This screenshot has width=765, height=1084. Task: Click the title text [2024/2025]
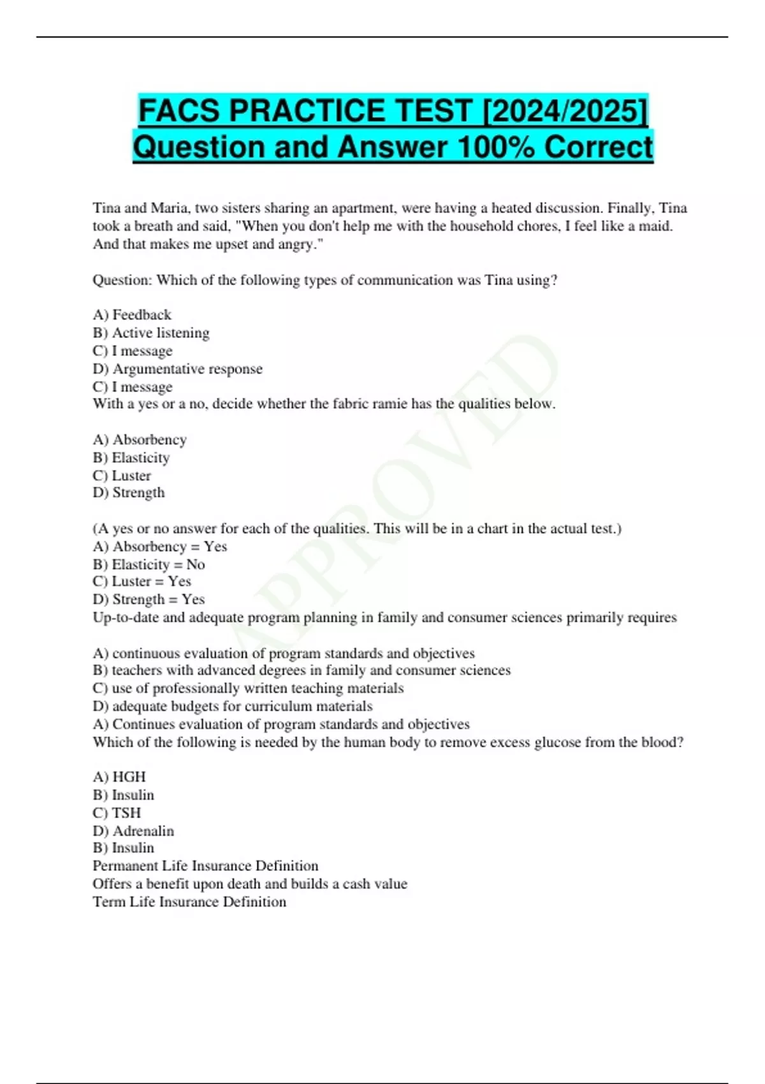point(566,111)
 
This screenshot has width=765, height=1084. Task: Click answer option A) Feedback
point(132,314)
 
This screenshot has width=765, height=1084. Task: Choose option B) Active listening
point(151,333)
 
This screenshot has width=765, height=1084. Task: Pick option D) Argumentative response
point(177,369)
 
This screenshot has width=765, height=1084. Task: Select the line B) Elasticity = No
point(149,564)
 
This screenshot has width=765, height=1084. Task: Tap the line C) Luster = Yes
point(142,582)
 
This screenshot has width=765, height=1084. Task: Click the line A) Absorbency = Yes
point(159,546)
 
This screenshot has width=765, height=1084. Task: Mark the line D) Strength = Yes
point(149,599)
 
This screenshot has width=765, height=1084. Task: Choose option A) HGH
point(119,777)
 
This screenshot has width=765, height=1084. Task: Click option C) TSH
point(117,812)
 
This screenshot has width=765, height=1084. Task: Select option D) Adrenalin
point(133,831)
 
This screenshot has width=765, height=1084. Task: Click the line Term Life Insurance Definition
point(189,902)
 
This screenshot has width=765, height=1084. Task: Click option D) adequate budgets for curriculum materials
point(233,706)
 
